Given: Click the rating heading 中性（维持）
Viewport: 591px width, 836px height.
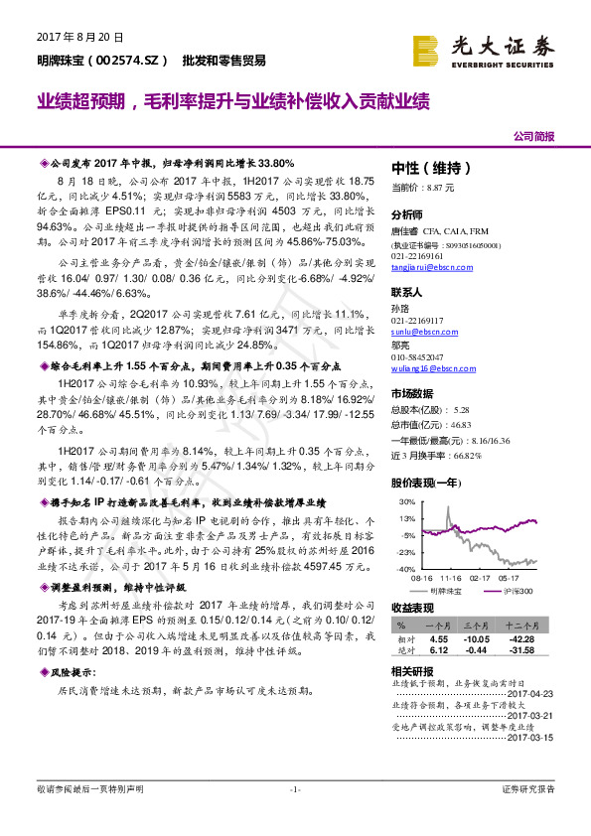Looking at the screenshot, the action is click(x=430, y=166).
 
